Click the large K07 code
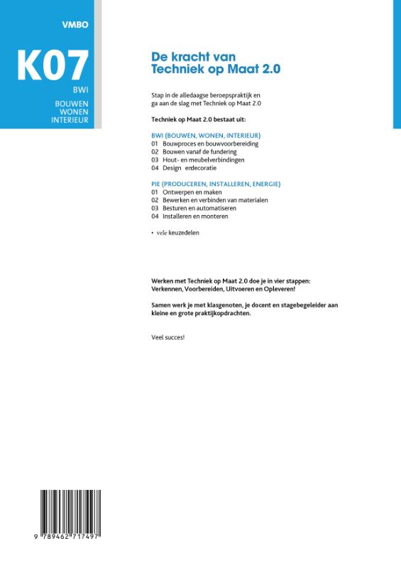(x=53, y=65)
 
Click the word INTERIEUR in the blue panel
(x=69, y=121)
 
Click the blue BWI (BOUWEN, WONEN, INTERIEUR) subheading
(x=207, y=135)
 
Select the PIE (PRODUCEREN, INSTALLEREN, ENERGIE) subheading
(x=216, y=184)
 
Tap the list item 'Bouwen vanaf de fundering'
(x=199, y=152)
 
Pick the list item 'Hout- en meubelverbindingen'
(x=203, y=160)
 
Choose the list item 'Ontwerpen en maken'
(x=192, y=192)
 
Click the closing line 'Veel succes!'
(x=168, y=337)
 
